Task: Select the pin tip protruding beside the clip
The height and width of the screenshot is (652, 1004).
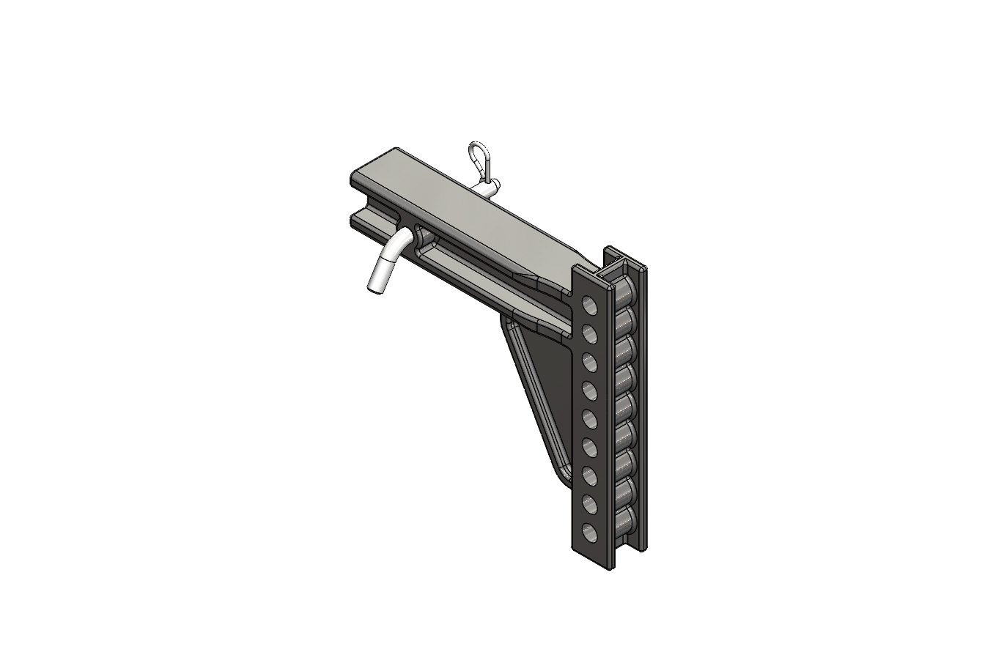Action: tap(491, 186)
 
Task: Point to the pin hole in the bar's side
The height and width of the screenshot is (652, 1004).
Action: tap(424, 236)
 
